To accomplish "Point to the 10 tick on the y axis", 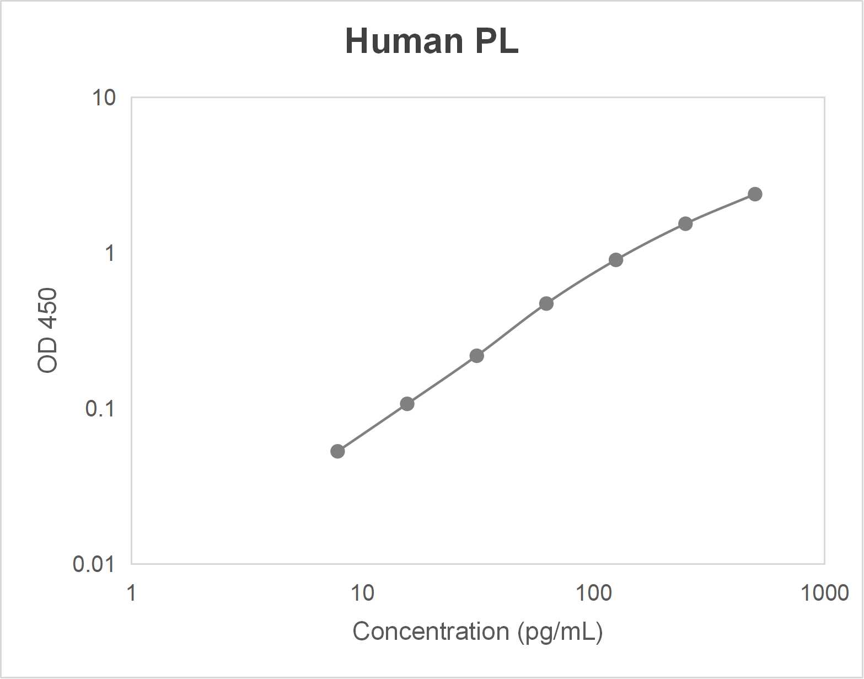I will click(104, 98).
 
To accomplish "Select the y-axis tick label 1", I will click(109, 253).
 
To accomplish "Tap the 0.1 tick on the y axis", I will click(100, 409).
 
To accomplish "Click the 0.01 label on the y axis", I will click(94, 564).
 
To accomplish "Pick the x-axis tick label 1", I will click(131, 594).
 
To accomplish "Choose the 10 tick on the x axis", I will click(362, 594).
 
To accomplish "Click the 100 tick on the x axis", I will click(593, 594).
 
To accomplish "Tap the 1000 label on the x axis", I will click(824, 594).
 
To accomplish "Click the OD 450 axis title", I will click(48, 330).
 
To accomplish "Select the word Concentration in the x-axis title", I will click(431, 632).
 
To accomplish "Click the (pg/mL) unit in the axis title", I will click(560, 632).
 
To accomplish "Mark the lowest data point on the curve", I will click(337, 451).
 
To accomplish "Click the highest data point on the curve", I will click(755, 194).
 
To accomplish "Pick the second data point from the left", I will click(407, 404).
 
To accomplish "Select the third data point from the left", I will click(477, 356).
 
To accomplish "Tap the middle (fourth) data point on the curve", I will click(546, 303).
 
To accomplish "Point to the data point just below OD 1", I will click(616, 260).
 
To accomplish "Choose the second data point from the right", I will click(685, 223).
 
